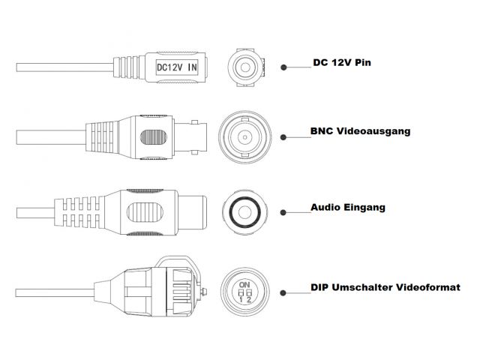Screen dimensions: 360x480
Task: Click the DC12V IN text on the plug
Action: [177, 66]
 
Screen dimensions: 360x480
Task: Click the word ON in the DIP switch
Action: [244, 284]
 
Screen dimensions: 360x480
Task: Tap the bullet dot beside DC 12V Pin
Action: [284, 67]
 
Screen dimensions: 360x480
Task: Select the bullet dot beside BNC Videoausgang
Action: [284, 137]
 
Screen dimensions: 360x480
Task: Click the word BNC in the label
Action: [322, 132]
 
